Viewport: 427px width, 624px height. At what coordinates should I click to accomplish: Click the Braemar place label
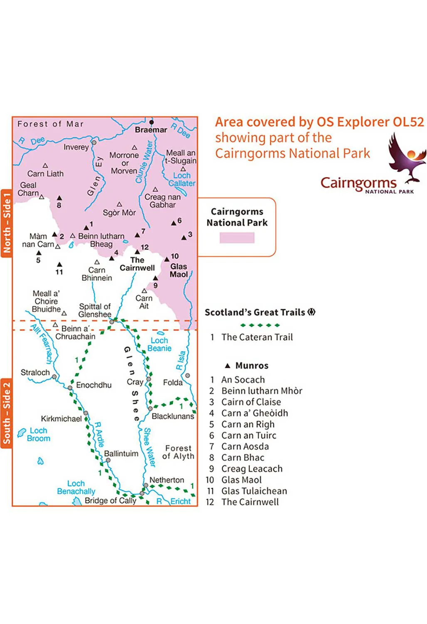tap(151, 130)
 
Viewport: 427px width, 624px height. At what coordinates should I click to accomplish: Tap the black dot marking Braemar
tap(151, 122)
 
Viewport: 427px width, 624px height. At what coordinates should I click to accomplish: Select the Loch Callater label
tap(182, 179)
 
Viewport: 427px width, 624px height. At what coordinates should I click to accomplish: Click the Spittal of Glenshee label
tap(95, 310)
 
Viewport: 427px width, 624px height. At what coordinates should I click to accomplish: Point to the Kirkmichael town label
tap(61, 418)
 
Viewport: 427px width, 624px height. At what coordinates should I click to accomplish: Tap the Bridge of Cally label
tap(111, 500)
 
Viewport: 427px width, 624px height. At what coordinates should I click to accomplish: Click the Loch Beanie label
tap(159, 344)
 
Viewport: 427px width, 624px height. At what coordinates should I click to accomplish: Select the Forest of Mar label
tap(50, 124)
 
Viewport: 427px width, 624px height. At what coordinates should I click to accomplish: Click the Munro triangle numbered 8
tap(59, 198)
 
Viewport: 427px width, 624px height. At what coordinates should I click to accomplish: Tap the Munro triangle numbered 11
tap(59, 264)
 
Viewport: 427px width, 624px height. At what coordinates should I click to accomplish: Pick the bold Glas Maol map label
tap(179, 270)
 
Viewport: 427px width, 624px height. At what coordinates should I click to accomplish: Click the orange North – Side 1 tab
tap(6, 223)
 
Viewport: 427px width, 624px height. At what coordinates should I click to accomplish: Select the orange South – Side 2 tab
tap(6, 414)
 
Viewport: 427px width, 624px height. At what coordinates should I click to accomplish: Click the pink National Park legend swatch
tap(237, 238)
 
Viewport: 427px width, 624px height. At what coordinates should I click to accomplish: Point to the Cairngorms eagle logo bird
tap(406, 157)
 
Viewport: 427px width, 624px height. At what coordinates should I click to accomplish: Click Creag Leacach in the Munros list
tap(252, 468)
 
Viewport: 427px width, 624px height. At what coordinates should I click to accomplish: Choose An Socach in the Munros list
tap(243, 379)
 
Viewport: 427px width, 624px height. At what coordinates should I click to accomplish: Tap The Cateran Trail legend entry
tap(257, 337)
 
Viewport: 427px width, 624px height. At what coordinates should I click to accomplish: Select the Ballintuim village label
tap(121, 453)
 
